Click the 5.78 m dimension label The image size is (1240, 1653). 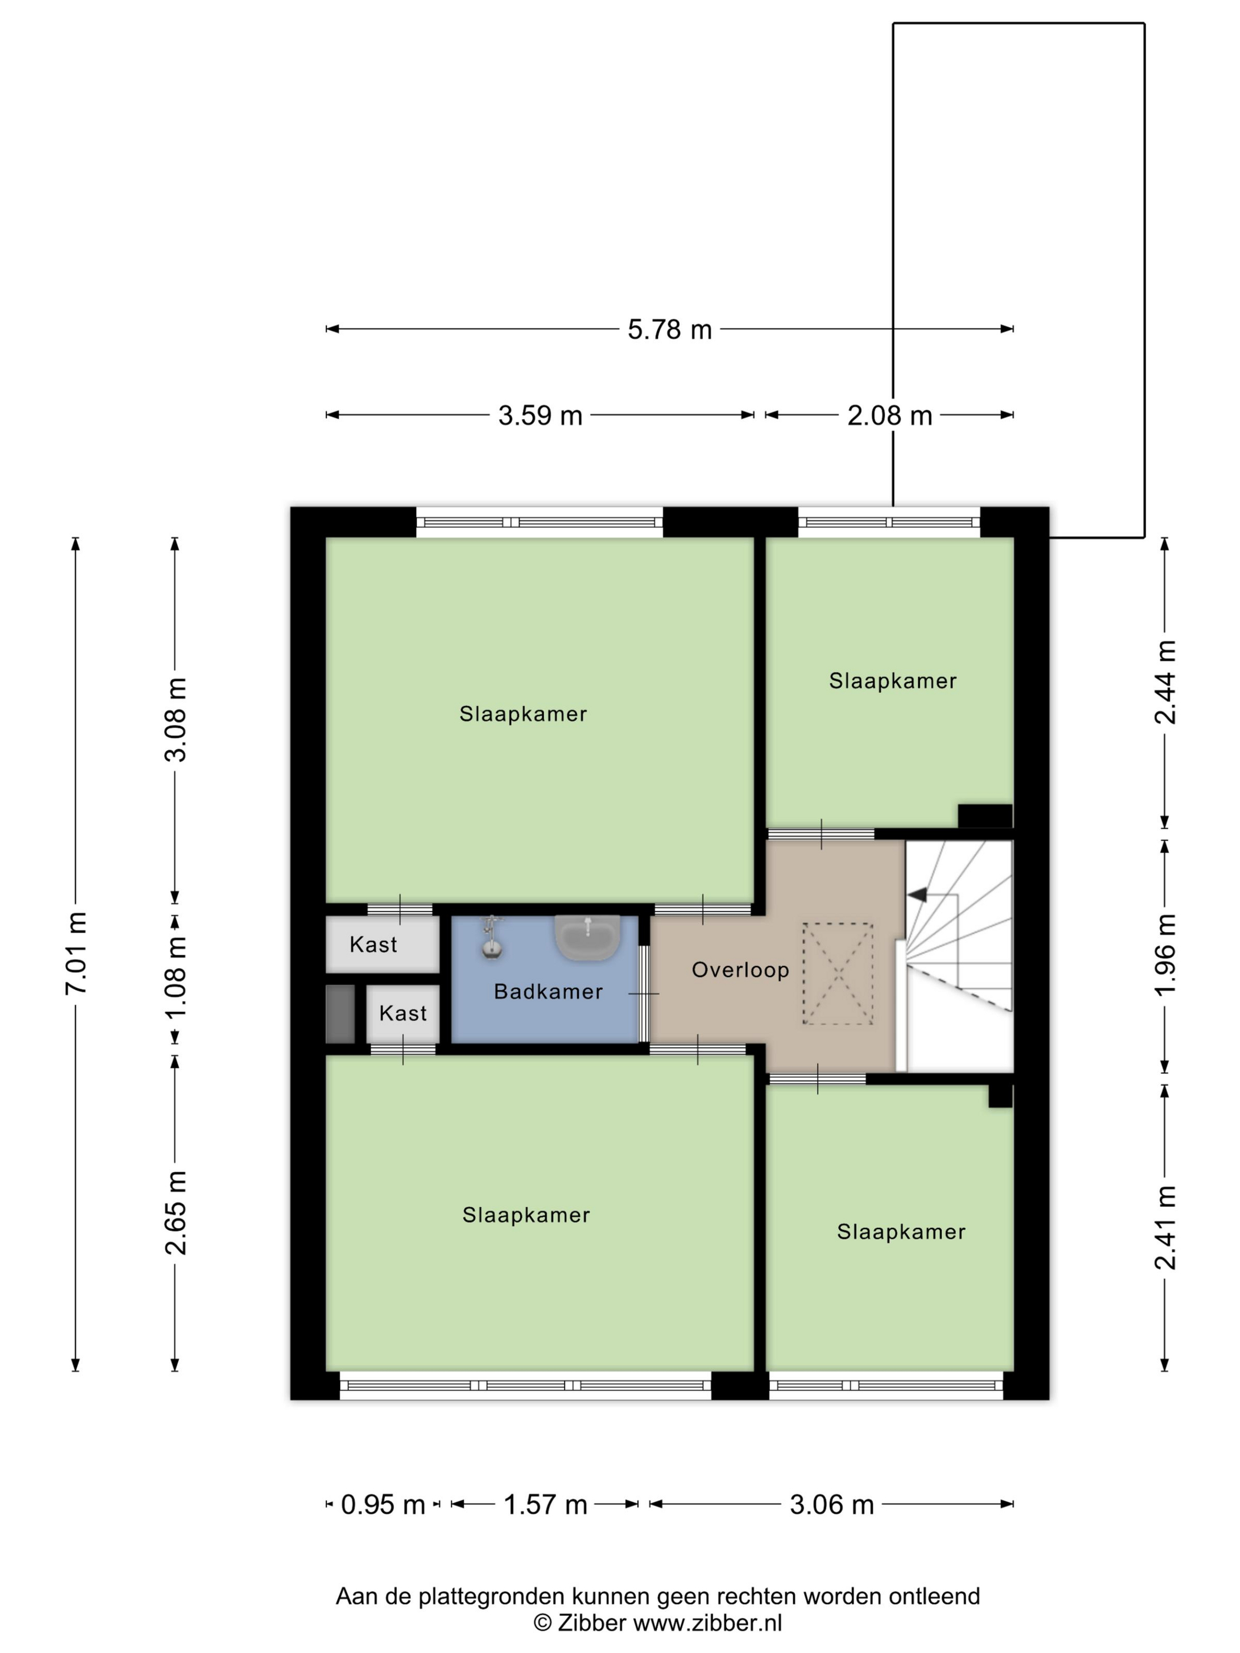point(669,329)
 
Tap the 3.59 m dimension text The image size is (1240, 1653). point(540,416)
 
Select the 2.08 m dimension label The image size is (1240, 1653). point(889,416)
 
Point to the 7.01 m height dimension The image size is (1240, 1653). point(77,953)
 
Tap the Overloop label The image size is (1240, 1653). point(740,970)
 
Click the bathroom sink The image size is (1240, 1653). point(588,937)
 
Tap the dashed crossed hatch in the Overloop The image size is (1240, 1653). point(838,973)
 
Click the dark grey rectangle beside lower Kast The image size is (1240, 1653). point(340,1014)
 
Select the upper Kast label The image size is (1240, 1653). point(373,945)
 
